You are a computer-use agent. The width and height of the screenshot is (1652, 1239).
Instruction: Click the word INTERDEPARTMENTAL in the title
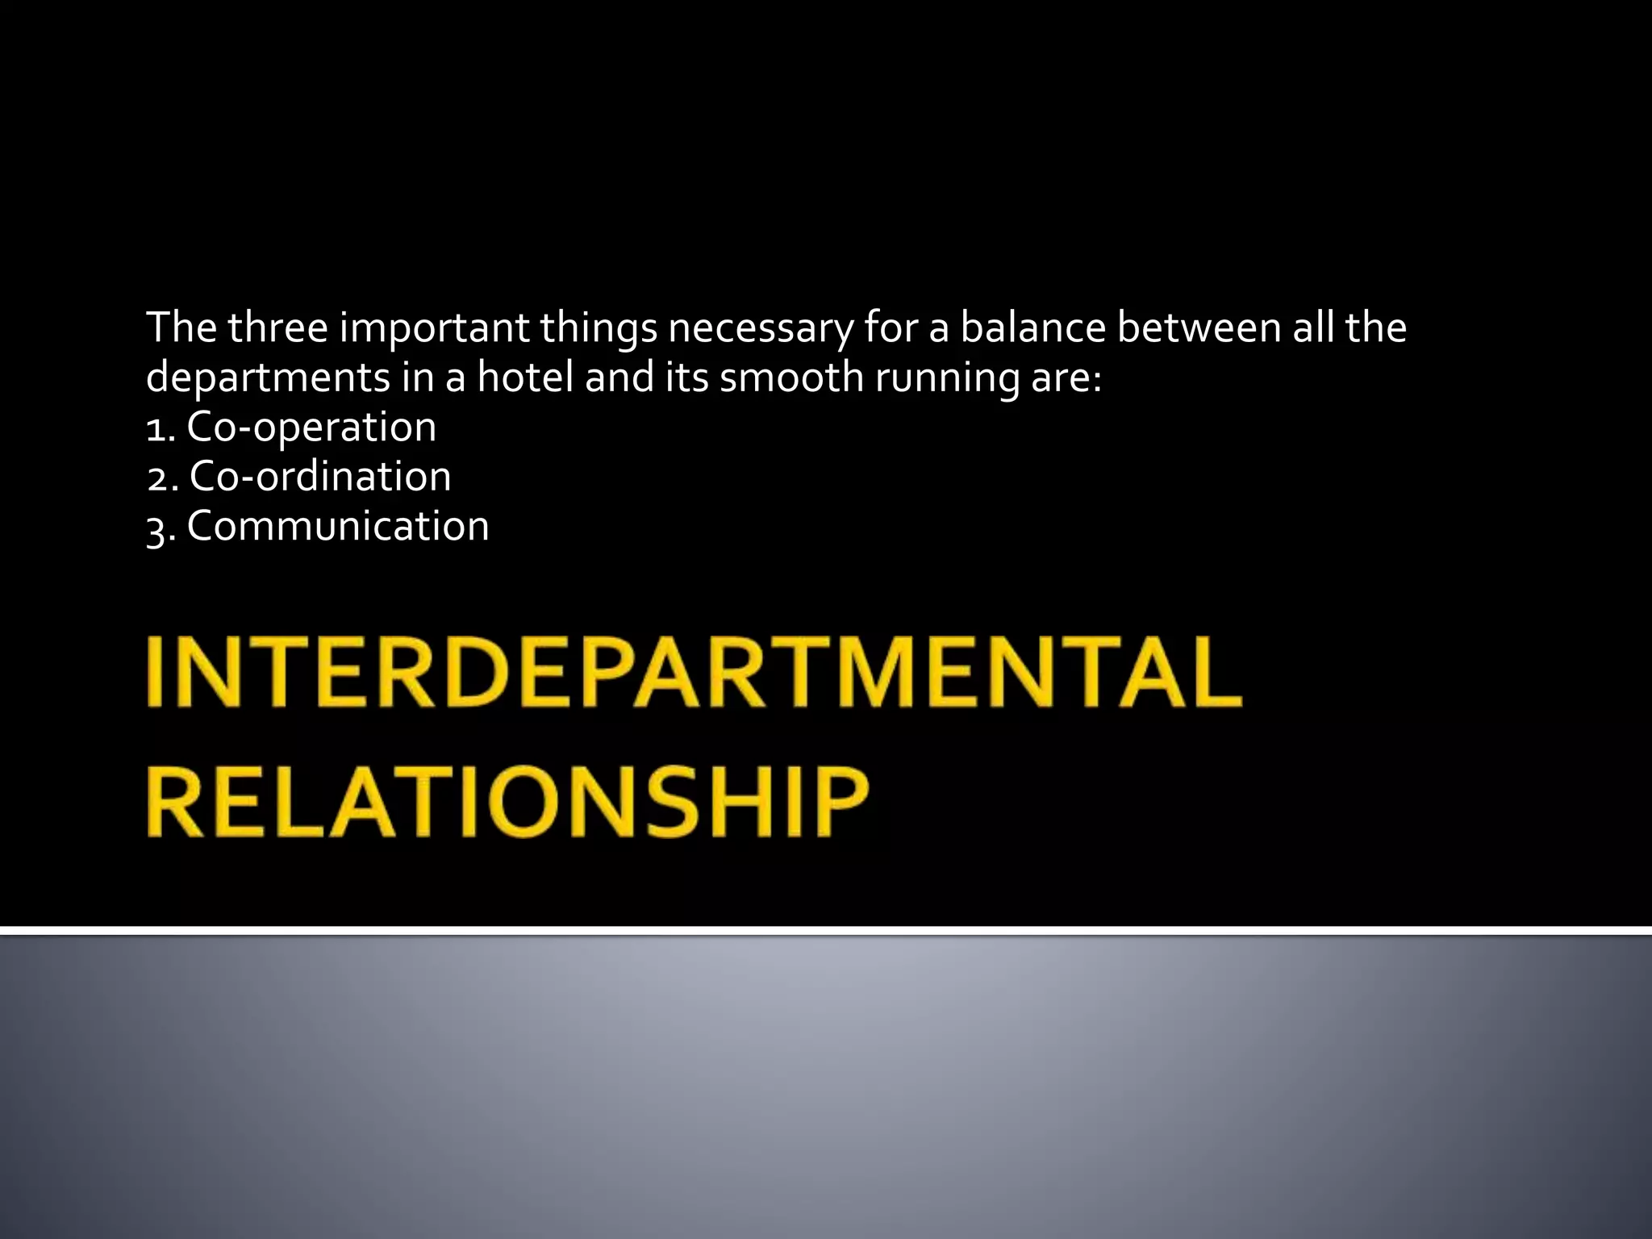coord(694,671)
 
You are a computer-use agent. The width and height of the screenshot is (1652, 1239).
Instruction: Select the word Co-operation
coord(311,428)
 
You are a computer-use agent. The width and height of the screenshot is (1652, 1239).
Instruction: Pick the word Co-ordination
coord(320,477)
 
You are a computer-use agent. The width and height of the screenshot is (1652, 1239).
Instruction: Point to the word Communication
coord(338,527)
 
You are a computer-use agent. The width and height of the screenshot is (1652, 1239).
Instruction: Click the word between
coord(1199,327)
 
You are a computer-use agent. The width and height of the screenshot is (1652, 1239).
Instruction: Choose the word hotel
coord(525,377)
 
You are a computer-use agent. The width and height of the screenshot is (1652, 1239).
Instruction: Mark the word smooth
coord(791,377)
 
